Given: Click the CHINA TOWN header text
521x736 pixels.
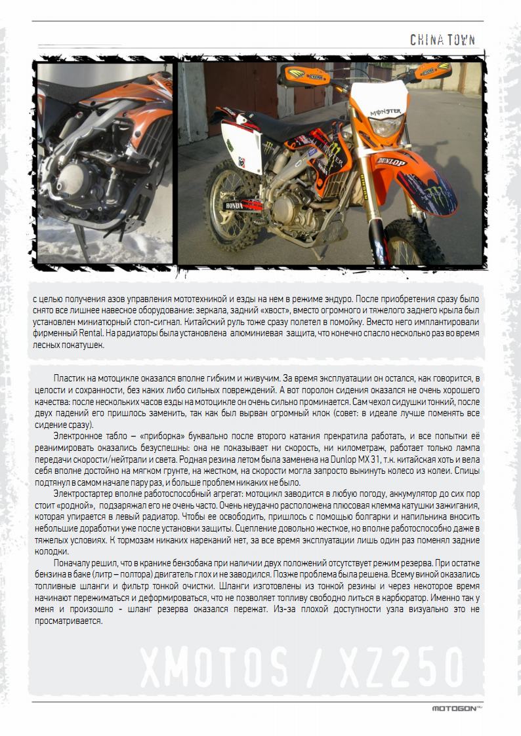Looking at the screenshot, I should tap(442, 40).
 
